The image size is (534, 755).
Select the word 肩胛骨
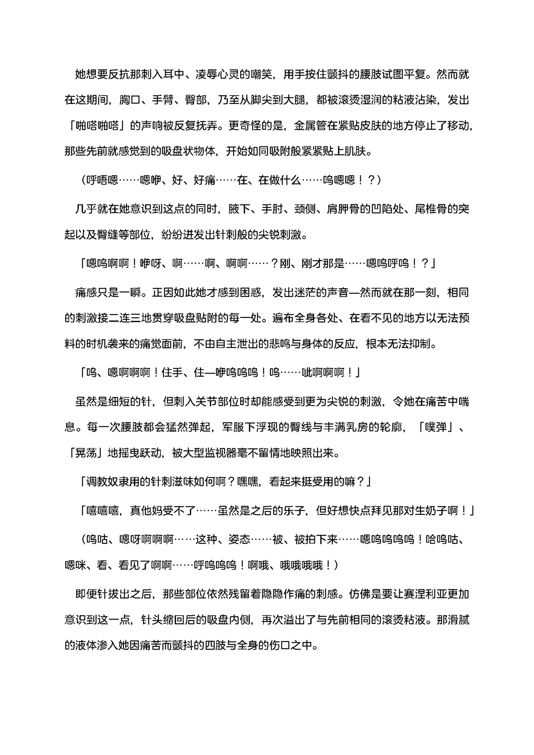pos(343,209)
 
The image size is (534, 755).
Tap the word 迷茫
pos(316,292)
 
